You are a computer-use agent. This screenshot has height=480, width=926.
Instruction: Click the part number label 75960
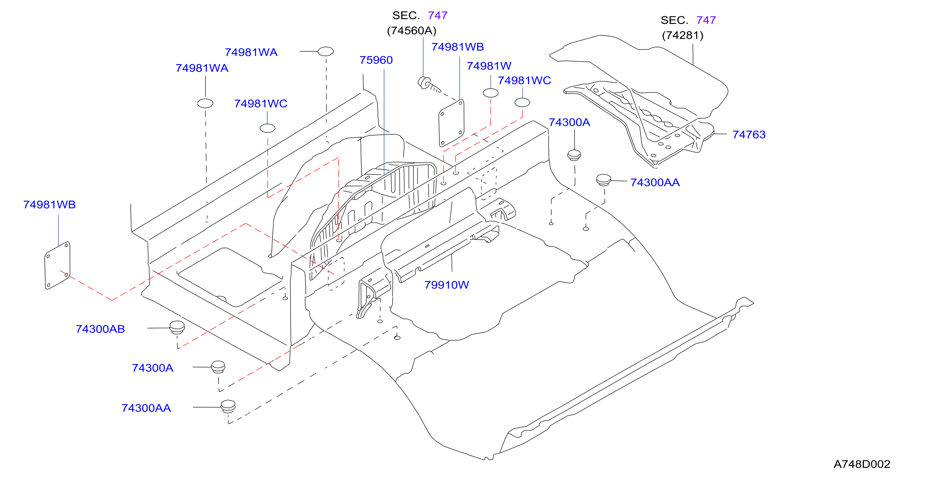376,60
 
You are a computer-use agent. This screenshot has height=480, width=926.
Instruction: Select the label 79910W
446,285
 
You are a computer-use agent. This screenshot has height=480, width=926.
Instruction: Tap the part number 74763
749,134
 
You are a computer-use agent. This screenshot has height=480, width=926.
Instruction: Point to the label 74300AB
100,329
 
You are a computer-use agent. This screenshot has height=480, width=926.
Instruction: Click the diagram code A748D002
862,464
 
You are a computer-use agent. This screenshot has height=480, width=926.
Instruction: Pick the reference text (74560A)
412,30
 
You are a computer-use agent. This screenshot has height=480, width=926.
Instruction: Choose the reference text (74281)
683,35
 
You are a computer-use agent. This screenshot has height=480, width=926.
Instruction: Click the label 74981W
489,66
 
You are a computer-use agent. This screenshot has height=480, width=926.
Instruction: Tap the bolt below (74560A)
428,85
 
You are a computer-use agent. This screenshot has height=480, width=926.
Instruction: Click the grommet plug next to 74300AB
177,327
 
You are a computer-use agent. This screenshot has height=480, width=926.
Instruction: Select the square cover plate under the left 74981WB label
58,265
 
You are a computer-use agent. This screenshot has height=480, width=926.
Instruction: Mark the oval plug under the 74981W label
490,93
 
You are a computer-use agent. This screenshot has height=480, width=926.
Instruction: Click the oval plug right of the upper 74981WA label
326,51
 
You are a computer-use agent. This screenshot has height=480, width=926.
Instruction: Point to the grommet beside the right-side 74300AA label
603,180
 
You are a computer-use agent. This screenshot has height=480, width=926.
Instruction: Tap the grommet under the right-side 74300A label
574,155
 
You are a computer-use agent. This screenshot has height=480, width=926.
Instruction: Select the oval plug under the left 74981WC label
268,128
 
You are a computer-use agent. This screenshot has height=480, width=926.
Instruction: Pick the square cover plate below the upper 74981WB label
451,123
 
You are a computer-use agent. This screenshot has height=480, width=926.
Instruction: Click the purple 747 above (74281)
706,20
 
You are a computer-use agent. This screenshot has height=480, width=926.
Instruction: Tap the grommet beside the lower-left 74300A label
218,367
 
